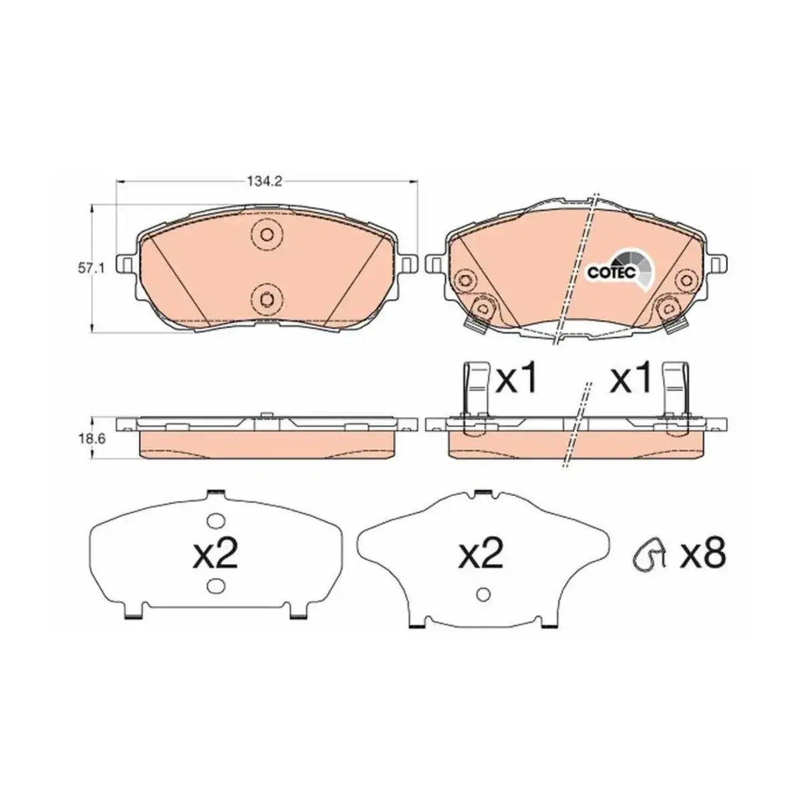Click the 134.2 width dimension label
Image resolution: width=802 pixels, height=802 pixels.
pyautogui.click(x=265, y=182)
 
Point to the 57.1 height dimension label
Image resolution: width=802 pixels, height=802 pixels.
pyautogui.click(x=90, y=269)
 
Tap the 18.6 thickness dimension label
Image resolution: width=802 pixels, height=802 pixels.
pyautogui.click(x=91, y=438)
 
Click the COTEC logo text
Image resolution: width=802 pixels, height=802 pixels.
pyautogui.click(x=611, y=272)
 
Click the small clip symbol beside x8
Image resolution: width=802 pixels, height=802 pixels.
pyautogui.click(x=649, y=554)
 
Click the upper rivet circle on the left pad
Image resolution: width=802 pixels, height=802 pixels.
pyautogui.click(x=267, y=234)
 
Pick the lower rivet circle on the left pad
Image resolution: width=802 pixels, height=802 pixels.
pyautogui.click(x=267, y=298)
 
